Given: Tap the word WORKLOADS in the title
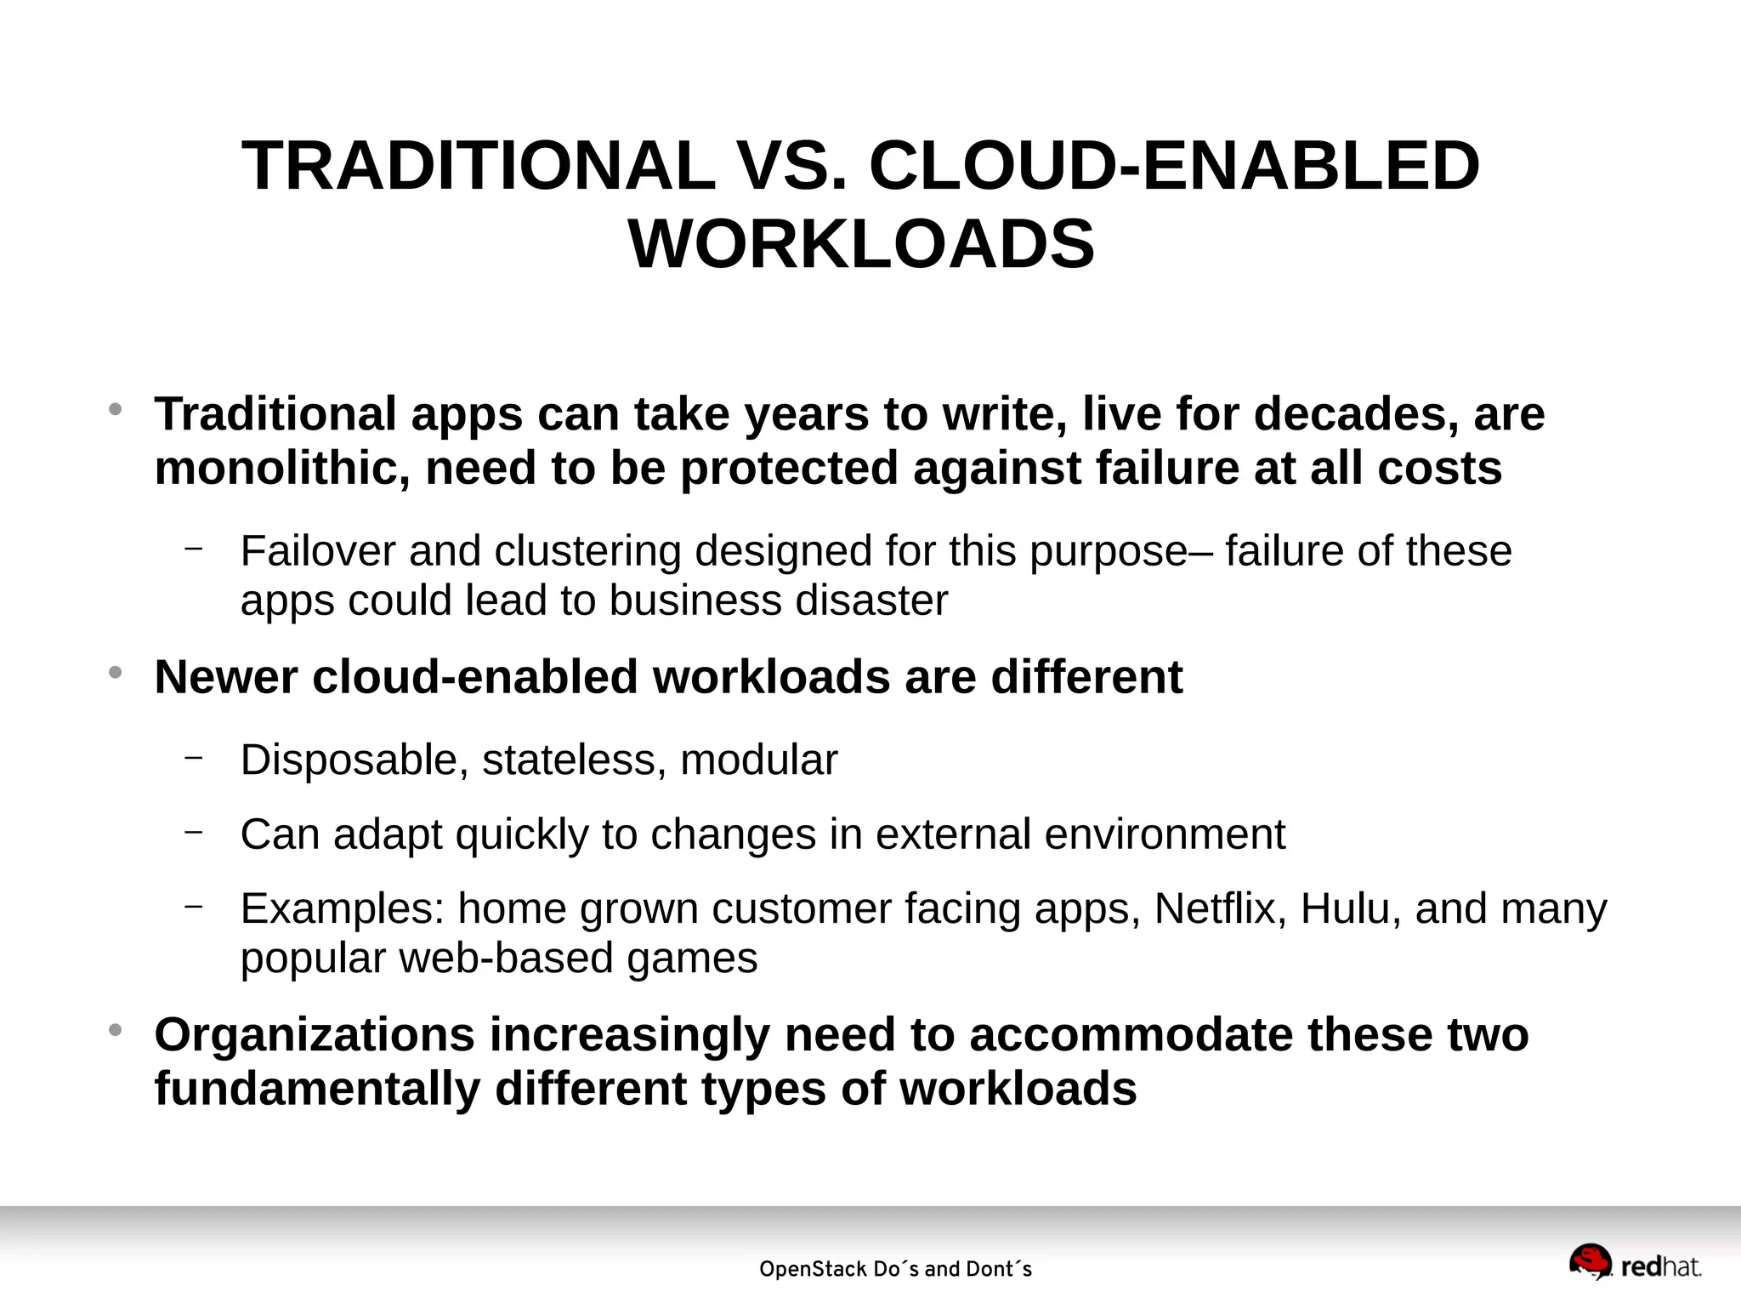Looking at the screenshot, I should [x=861, y=244].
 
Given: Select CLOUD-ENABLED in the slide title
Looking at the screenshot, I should [x=1174, y=166].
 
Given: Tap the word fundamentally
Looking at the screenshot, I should [x=317, y=1090].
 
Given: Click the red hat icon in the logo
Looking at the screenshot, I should [x=1590, y=1261].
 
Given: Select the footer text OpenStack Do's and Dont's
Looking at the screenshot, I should [x=895, y=1270].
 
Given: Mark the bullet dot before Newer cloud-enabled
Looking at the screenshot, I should [x=116, y=673].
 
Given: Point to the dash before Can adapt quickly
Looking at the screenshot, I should [x=194, y=831].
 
